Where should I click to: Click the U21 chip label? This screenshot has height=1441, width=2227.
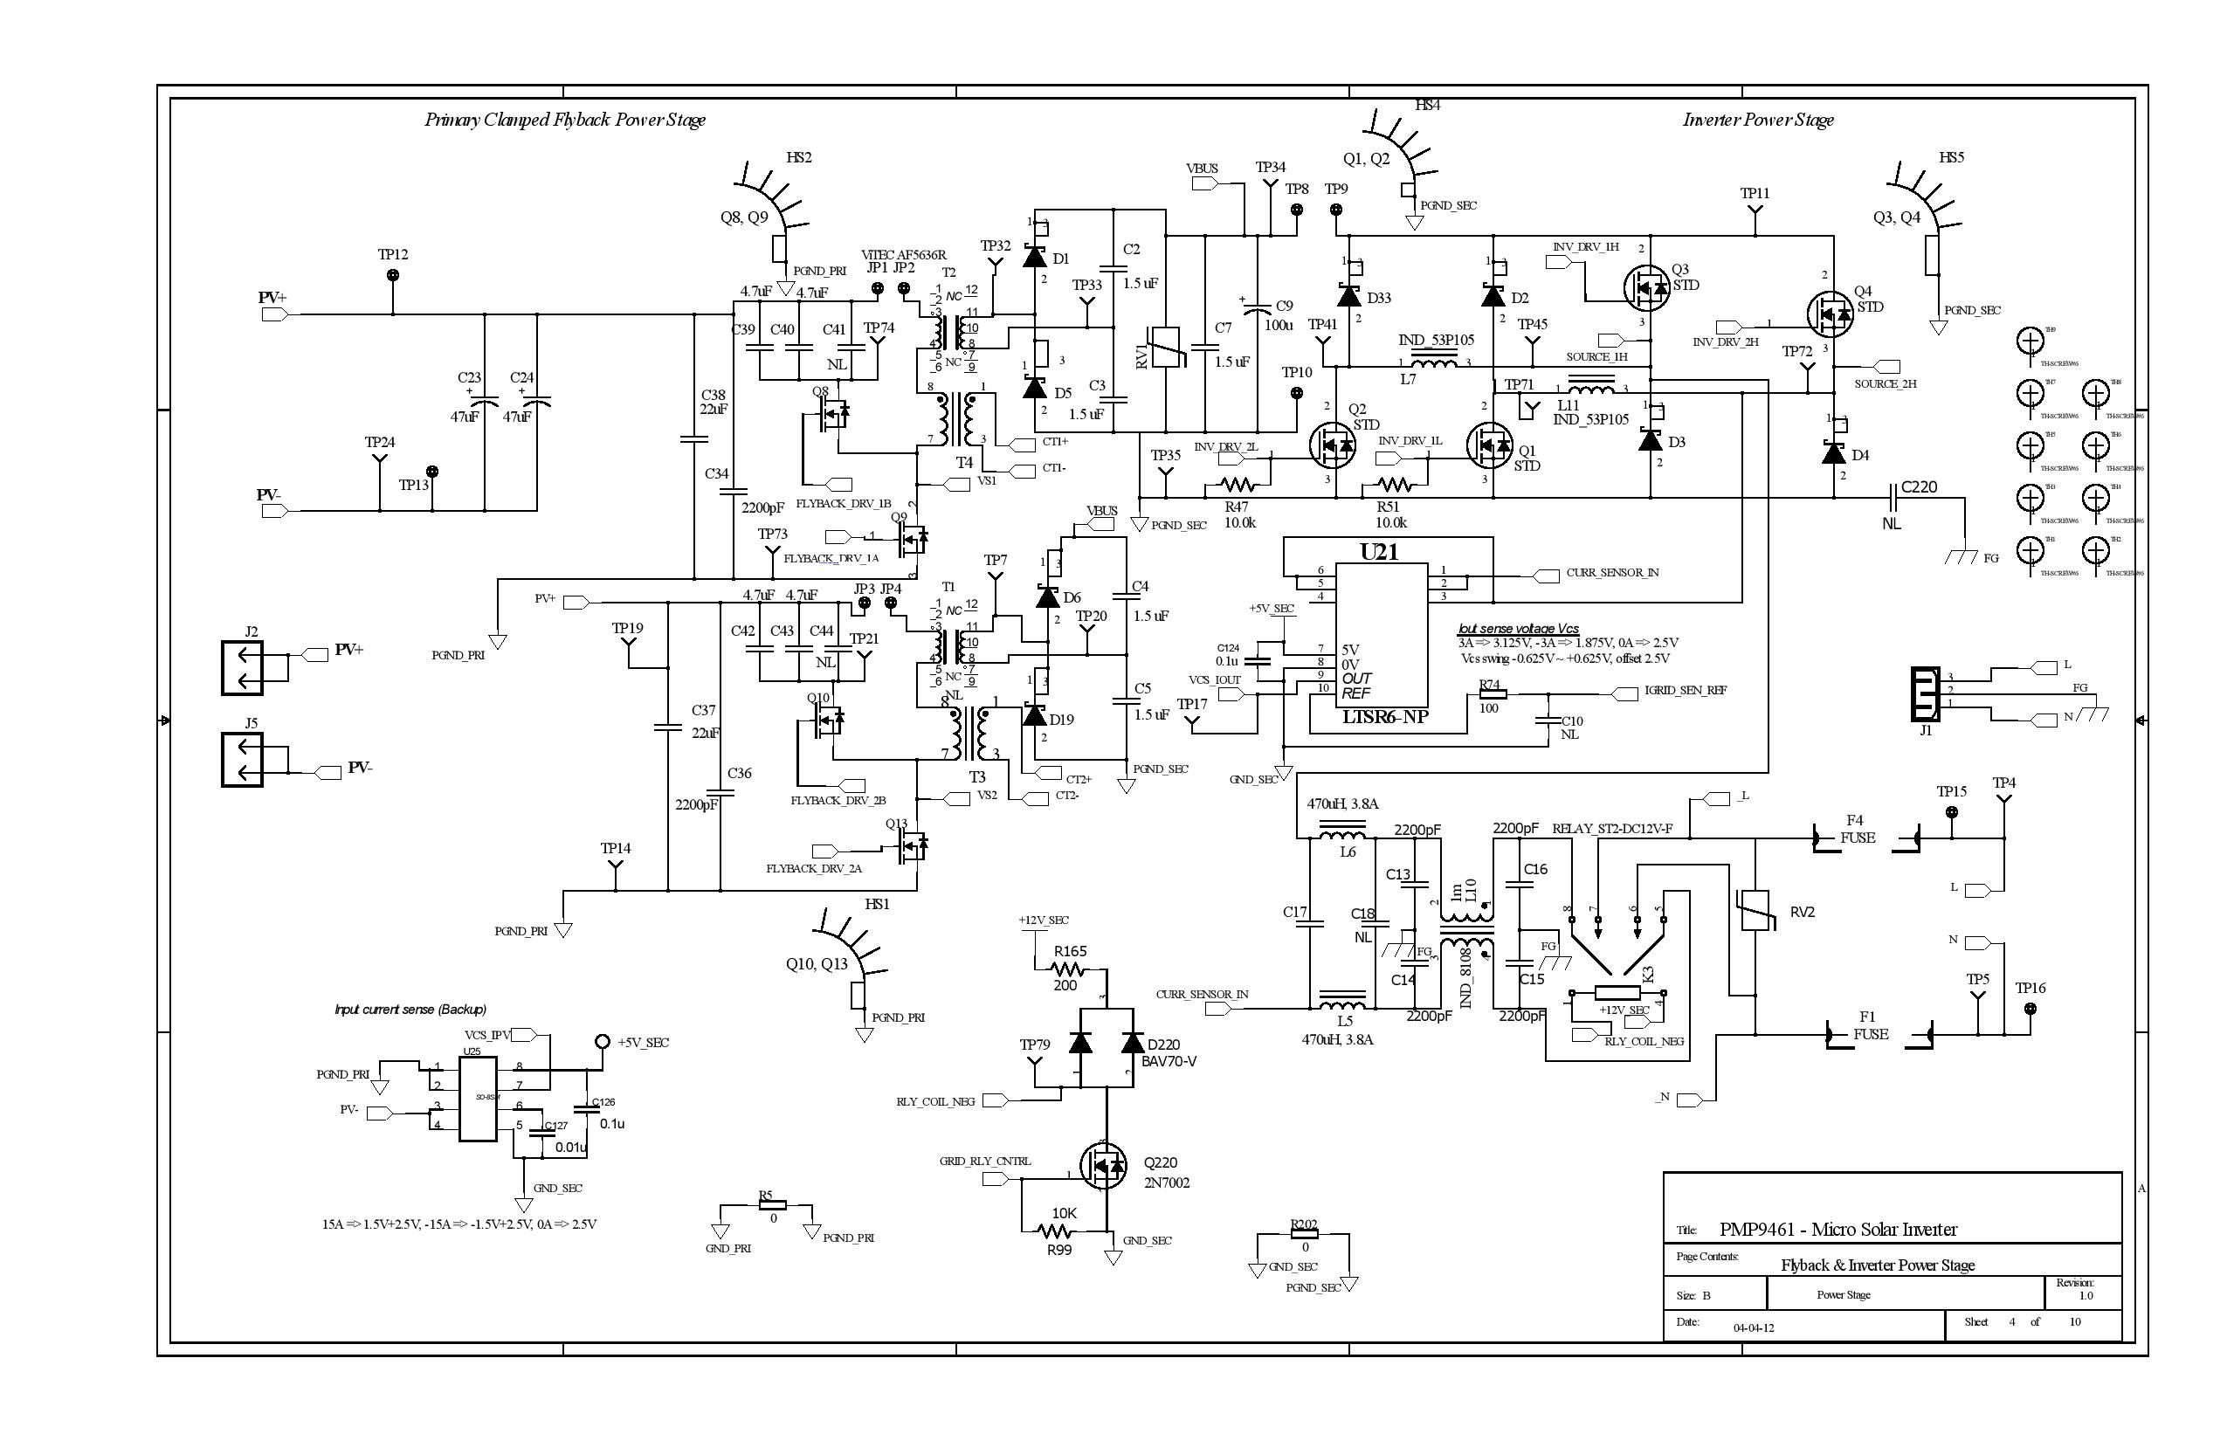(x=1379, y=552)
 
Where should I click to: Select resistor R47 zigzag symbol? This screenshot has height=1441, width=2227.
(x=1239, y=485)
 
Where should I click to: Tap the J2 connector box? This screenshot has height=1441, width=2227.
(x=243, y=668)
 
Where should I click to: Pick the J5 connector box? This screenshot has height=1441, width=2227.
(x=243, y=760)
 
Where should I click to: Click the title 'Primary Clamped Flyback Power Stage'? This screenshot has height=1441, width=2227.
(x=565, y=120)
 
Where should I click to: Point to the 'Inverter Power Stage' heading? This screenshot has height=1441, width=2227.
(x=1758, y=120)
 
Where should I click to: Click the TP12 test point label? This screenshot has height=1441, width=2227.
(x=393, y=254)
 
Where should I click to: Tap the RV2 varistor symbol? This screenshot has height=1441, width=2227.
(x=1755, y=909)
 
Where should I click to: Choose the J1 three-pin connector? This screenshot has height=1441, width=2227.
(x=1926, y=693)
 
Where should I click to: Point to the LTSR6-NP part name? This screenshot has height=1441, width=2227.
(x=1385, y=718)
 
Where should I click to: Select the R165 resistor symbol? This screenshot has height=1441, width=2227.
(x=1066, y=969)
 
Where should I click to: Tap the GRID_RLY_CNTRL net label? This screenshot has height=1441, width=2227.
(x=985, y=1162)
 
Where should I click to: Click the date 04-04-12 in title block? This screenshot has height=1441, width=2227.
(x=1754, y=1327)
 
